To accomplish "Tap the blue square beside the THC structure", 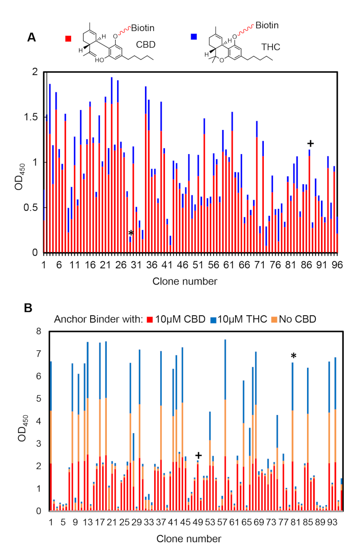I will pos(194,36).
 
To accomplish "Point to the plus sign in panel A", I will pos(310,144).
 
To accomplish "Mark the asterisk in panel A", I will pos(131,233).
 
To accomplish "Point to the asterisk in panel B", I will pos(293,356).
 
